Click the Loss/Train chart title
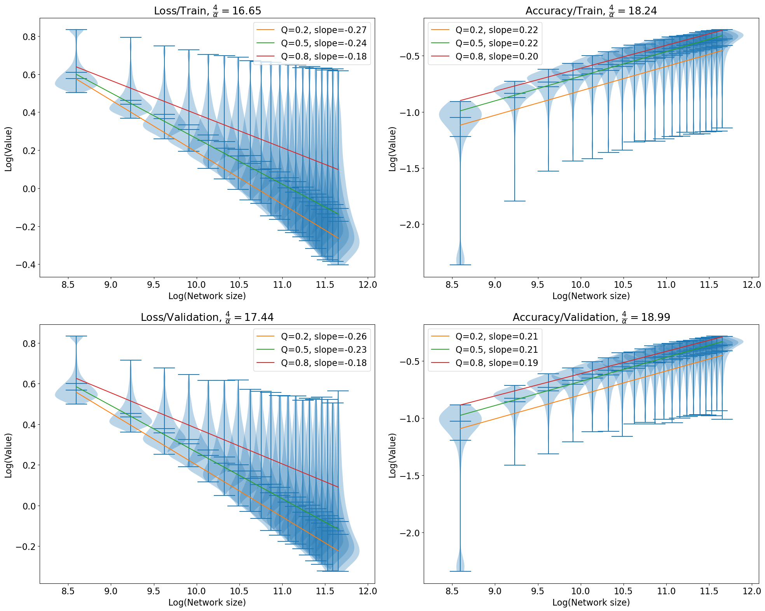[x=207, y=11]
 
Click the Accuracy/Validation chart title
[x=591, y=317]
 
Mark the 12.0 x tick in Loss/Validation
[x=368, y=591]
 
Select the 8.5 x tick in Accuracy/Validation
[x=452, y=591]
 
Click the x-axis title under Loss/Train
[x=207, y=296]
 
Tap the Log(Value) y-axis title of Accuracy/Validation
[x=393, y=455]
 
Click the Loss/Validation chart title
[x=207, y=317]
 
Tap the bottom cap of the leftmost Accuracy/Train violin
[x=460, y=265]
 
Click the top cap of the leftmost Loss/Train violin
[x=76, y=30]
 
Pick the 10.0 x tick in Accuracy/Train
[x=580, y=285]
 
